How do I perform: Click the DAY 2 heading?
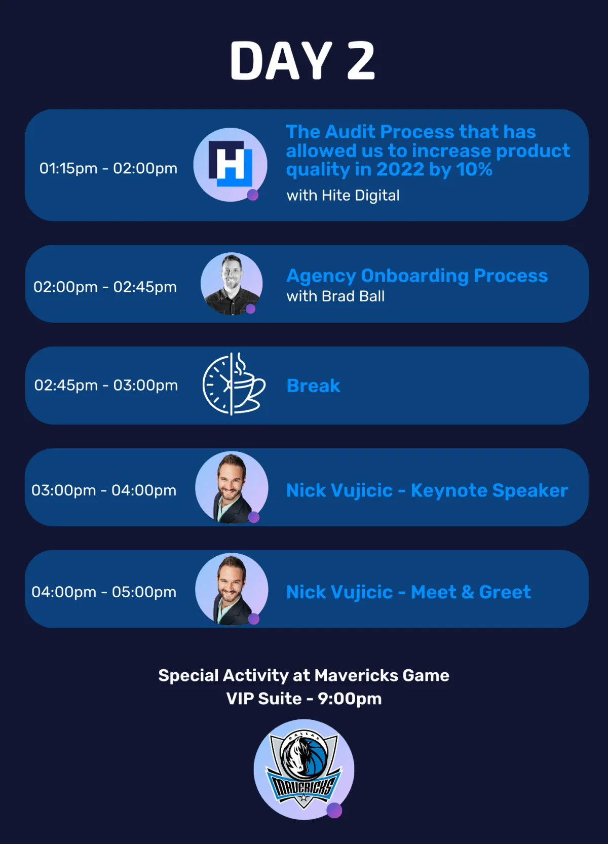click(x=302, y=60)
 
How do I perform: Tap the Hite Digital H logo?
click(x=231, y=164)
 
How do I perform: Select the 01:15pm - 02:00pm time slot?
click(x=108, y=168)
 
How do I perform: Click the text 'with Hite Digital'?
click(x=343, y=196)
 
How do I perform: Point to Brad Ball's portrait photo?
click(x=232, y=284)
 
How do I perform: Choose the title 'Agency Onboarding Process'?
click(x=417, y=276)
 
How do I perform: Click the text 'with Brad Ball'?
click(x=335, y=296)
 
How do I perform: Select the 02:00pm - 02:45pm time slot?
click(x=105, y=287)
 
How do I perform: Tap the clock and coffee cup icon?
click(x=234, y=384)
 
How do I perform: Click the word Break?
click(x=313, y=386)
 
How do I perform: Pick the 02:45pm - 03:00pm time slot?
click(x=106, y=386)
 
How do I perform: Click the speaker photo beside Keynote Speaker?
click(x=232, y=487)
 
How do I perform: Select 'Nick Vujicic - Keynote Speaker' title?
click(x=427, y=491)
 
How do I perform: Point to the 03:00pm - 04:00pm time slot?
click(x=104, y=490)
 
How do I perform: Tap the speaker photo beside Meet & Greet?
click(x=232, y=589)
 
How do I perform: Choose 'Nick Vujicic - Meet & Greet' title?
click(x=408, y=592)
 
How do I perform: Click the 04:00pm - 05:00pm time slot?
click(x=104, y=592)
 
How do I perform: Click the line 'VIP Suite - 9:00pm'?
click(x=304, y=699)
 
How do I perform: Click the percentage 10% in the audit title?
click(x=474, y=169)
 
